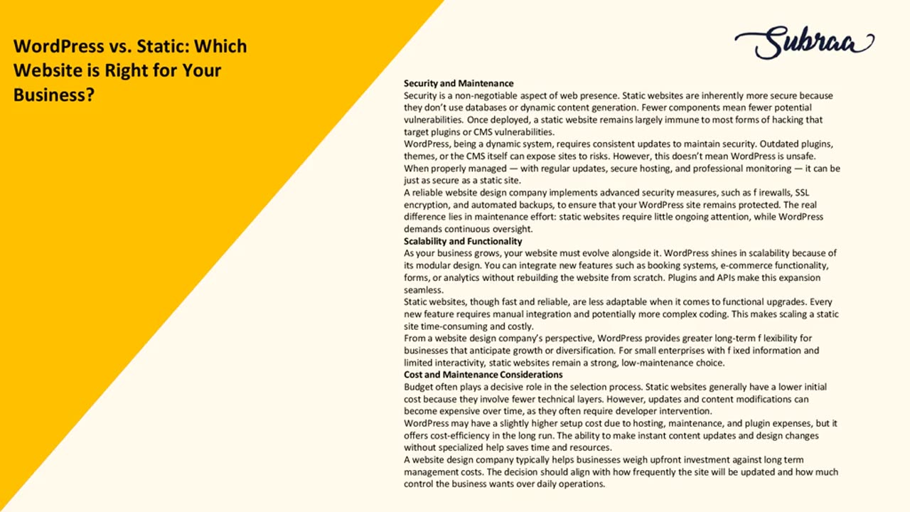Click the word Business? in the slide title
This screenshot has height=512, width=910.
pos(54,95)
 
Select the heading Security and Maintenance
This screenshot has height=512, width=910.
pos(459,83)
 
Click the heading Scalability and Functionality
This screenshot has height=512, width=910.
pos(463,241)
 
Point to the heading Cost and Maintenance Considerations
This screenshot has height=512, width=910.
pos(483,375)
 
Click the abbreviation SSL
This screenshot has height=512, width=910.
pos(802,193)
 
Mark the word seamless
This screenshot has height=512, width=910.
pos(424,289)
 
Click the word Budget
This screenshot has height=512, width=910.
pos(419,387)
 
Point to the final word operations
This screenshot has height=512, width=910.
pos(582,484)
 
